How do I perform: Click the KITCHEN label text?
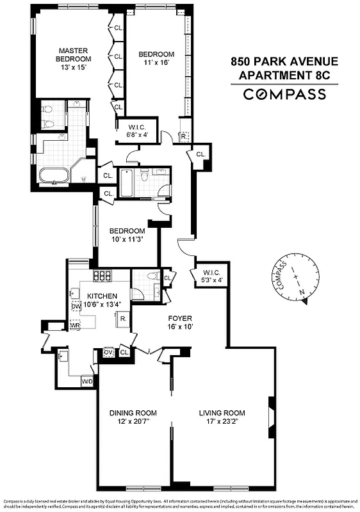(102, 296)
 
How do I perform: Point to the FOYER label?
(180, 317)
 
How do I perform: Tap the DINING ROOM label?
(133, 413)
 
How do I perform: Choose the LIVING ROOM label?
(222, 413)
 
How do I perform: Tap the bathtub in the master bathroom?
(54, 175)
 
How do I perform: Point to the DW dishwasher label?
(76, 307)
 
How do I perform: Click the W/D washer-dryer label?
(86, 381)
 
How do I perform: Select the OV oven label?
(108, 352)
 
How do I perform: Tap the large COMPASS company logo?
(284, 95)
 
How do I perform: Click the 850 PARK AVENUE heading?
(284, 62)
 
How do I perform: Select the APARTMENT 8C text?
(284, 76)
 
